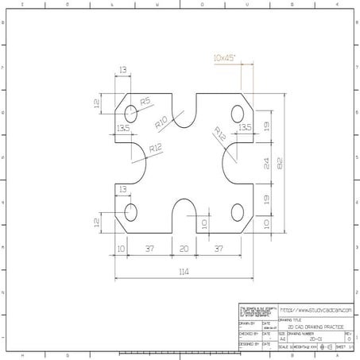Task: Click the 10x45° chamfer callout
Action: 227,58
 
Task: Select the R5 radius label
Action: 145,102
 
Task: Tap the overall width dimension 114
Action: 184,272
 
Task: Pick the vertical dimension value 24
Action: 267,164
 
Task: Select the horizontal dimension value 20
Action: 184,249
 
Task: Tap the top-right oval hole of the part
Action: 237,114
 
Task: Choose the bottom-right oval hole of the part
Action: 237,211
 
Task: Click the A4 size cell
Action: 282,339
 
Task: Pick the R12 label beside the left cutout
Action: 154,148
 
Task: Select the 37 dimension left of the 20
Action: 150,249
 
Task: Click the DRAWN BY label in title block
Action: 247,323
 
